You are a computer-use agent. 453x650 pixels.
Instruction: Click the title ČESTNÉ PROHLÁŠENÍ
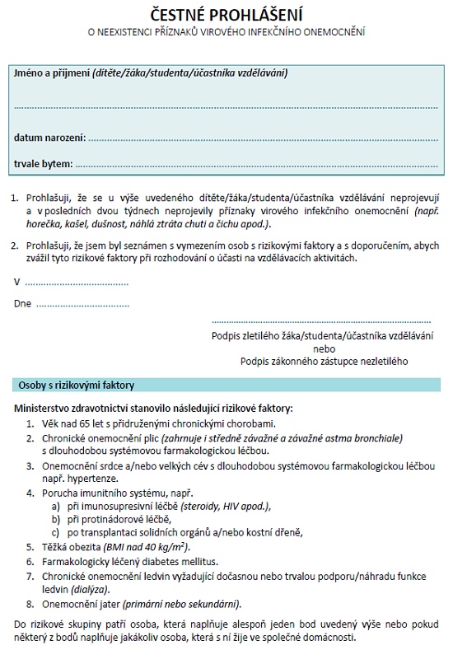click(x=226, y=15)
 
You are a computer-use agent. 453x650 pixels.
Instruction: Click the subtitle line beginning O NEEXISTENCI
click(x=226, y=33)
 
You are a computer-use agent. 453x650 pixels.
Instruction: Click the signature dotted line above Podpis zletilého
click(x=322, y=320)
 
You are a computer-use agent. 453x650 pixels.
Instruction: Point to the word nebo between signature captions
click(x=324, y=348)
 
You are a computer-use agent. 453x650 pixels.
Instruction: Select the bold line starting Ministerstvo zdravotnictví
click(x=153, y=409)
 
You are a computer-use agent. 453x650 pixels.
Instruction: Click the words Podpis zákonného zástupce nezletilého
click(x=324, y=361)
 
